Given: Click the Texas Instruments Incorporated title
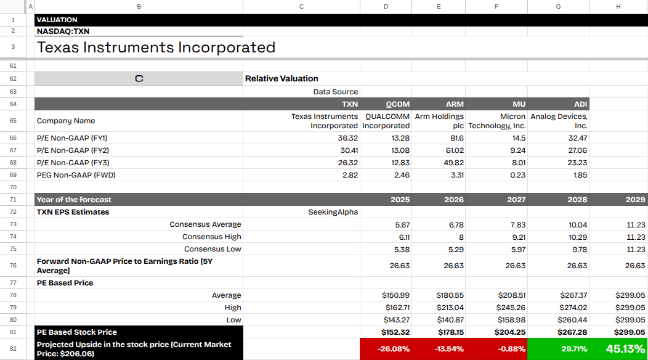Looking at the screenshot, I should (x=156, y=47).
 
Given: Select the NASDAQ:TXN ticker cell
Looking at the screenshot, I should (x=64, y=31).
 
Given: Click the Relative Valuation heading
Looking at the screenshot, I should (x=281, y=78).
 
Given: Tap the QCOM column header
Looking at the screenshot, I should (x=397, y=104).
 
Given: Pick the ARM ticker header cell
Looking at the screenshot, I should (x=454, y=104).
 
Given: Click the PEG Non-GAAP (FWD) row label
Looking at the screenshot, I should (x=76, y=175).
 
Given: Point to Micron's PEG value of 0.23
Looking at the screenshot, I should (x=518, y=175).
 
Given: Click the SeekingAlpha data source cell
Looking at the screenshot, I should (x=333, y=212).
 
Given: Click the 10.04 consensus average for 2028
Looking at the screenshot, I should (x=578, y=224).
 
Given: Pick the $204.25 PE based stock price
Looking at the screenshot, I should (x=509, y=332).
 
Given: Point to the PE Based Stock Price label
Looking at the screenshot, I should (x=76, y=332).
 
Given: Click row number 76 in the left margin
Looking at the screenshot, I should (x=13, y=266).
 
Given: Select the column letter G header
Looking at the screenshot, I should (x=558, y=6).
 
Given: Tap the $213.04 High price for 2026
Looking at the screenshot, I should (x=450, y=308).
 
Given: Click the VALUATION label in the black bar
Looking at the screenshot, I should (x=57, y=20).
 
